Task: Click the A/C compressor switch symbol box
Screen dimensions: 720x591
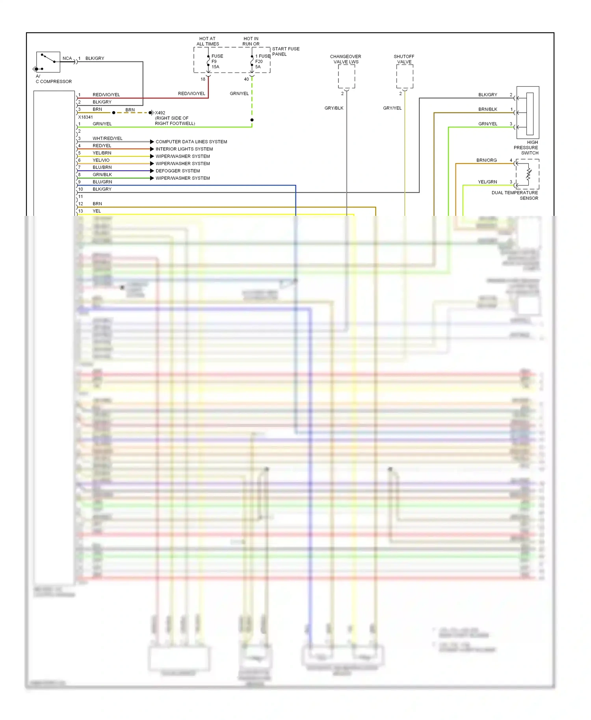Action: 48,62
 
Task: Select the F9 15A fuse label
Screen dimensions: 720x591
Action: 216,61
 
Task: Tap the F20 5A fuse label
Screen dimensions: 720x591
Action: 259,61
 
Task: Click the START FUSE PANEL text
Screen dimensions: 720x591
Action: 285,52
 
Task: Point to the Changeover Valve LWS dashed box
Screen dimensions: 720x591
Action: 346,76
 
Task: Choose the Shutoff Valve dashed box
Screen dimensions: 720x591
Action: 405,76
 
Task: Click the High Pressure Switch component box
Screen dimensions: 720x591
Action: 528,112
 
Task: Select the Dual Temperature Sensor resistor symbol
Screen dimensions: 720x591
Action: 529,174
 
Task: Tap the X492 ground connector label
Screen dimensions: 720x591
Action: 160,113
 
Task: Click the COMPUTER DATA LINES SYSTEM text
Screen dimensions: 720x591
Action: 191,142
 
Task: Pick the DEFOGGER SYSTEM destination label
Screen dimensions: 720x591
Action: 178,171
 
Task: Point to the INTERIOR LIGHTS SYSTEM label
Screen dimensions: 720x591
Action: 184,149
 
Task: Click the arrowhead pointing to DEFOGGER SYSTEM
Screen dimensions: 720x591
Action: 152,171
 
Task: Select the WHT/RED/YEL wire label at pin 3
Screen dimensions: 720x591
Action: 108,138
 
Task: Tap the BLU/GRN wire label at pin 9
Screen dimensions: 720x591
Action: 102,182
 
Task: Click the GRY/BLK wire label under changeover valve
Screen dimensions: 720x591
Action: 334,108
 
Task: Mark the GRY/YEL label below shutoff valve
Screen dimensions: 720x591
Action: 392,108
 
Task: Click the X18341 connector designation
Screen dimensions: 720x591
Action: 85,117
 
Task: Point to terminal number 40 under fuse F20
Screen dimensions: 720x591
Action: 246,79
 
